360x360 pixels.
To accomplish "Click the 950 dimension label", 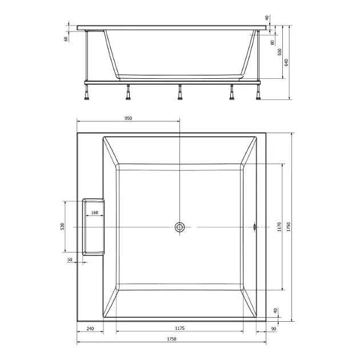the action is pyautogui.click(x=128, y=118).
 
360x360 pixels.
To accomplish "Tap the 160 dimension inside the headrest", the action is pyautogui.click(x=95, y=213).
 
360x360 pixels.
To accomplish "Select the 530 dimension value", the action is pyautogui.click(x=63, y=226).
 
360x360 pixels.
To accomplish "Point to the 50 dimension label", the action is pyautogui.click(x=70, y=259).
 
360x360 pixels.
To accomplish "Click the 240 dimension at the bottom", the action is pyautogui.click(x=90, y=329).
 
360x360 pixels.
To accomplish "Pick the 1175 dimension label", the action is pyautogui.click(x=180, y=329).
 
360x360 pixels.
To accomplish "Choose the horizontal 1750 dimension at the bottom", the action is pyautogui.click(x=171, y=339).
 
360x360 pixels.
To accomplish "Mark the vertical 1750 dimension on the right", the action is pyautogui.click(x=289, y=227).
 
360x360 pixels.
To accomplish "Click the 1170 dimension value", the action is pyautogui.click(x=279, y=227).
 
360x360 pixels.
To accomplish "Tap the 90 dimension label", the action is pyautogui.click(x=274, y=329).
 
